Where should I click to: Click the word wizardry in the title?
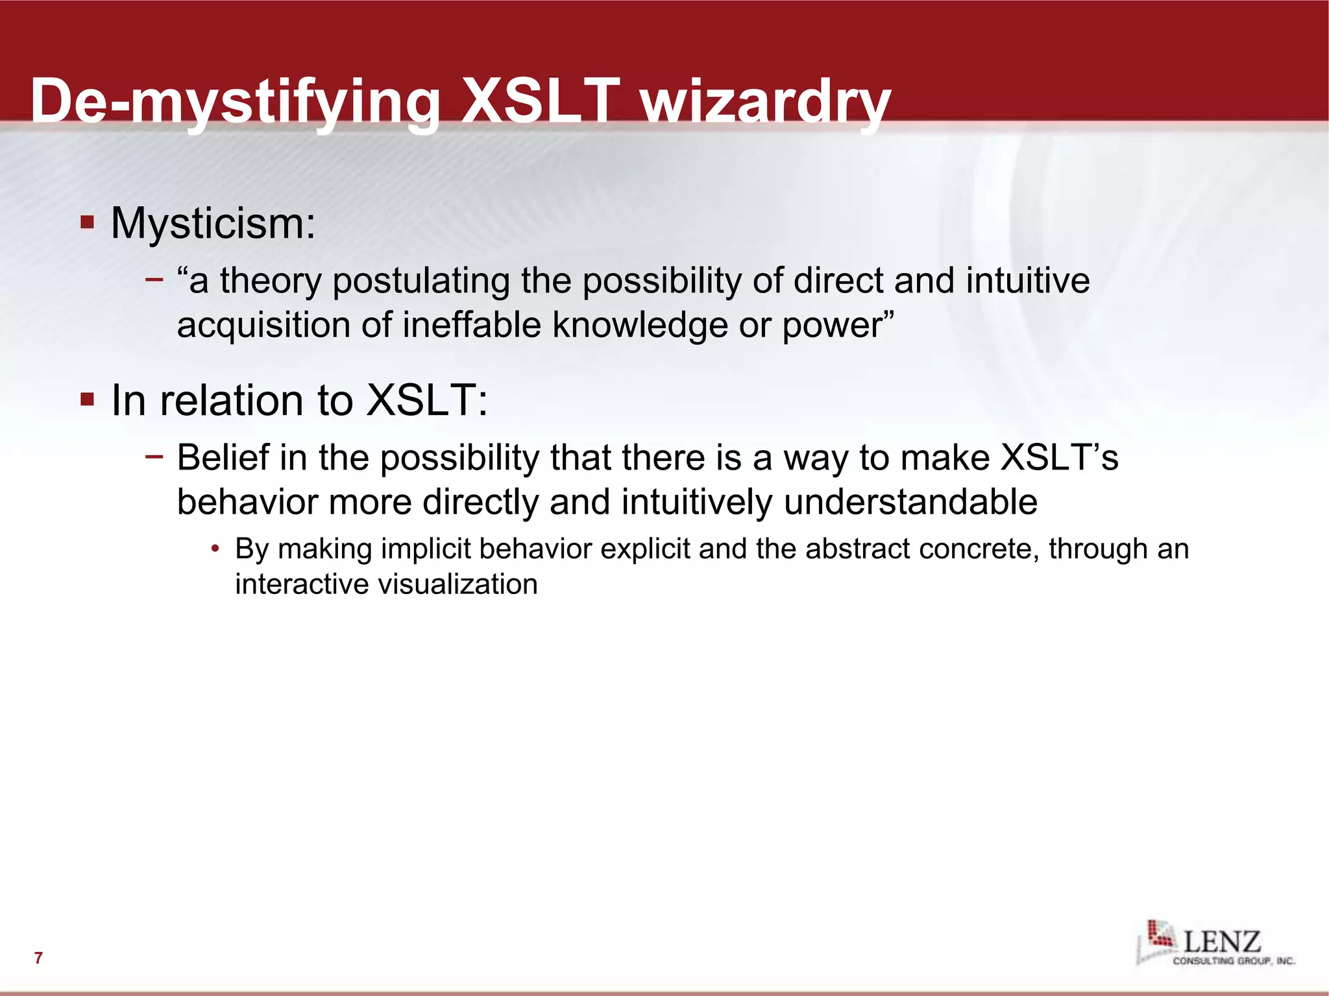766,102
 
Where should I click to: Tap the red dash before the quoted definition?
154,280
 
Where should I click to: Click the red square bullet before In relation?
87,399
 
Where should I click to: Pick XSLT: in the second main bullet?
427,400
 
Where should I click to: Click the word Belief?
223,457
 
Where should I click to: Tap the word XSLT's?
1059,457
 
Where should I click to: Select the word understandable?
910,503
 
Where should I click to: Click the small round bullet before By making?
215,550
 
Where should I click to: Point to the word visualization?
457,584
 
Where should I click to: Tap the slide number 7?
38,958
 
